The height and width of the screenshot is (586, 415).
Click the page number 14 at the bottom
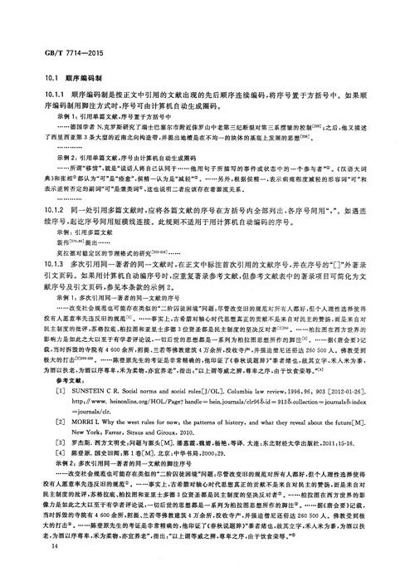tap(32, 566)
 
